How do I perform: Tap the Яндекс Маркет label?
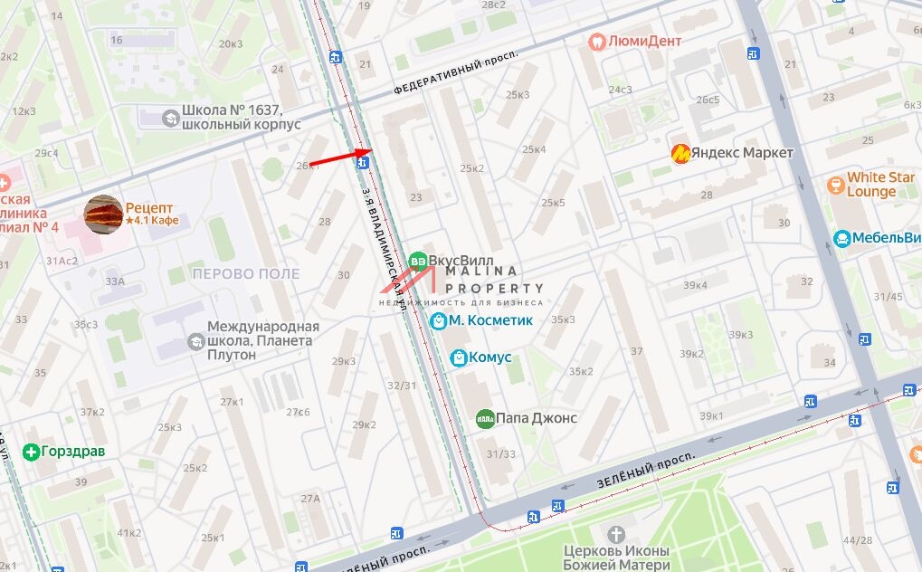[x=743, y=153]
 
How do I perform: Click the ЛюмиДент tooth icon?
[x=596, y=41]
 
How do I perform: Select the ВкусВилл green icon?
[x=417, y=261]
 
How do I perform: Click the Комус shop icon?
[x=459, y=357]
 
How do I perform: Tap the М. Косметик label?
[x=490, y=320]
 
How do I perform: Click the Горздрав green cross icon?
[x=32, y=451]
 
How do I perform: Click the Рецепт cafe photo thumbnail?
[x=103, y=214]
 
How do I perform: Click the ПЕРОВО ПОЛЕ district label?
[x=246, y=273]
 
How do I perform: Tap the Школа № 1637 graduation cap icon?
[x=169, y=118]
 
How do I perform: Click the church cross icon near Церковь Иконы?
[x=617, y=535]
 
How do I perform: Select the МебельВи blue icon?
[x=841, y=239]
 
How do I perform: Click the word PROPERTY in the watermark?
[x=494, y=288]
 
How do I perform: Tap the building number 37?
[x=637, y=351]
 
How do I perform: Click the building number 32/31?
[x=401, y=385]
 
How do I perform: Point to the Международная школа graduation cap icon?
[x=195, y=341]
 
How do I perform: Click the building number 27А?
[x=311, y=499]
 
